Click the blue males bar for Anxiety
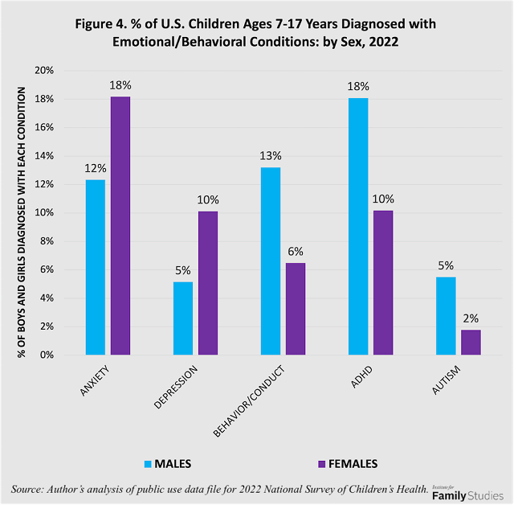click(x=95, y=267)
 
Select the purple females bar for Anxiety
click(x=120, y=226)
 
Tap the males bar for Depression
click(x=182, y=318)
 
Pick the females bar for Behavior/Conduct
click(x=295, y=309)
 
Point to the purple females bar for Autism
click(x=471, y=342)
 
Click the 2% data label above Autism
click(x=471, y=318)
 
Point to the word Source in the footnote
click(x=30, y=489)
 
